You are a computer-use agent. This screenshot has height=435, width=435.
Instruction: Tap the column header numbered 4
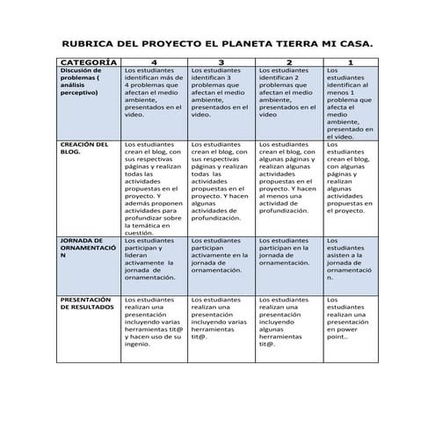tap(155, 63)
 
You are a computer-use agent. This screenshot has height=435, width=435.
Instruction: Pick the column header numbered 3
tap(221, 63)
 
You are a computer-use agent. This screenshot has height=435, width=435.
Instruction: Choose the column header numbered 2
tap(288, 63)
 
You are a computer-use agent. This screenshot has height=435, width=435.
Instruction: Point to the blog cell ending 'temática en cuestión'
tap(154, 187)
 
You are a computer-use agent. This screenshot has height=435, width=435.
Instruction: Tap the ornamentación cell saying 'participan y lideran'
tap(154, 258)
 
